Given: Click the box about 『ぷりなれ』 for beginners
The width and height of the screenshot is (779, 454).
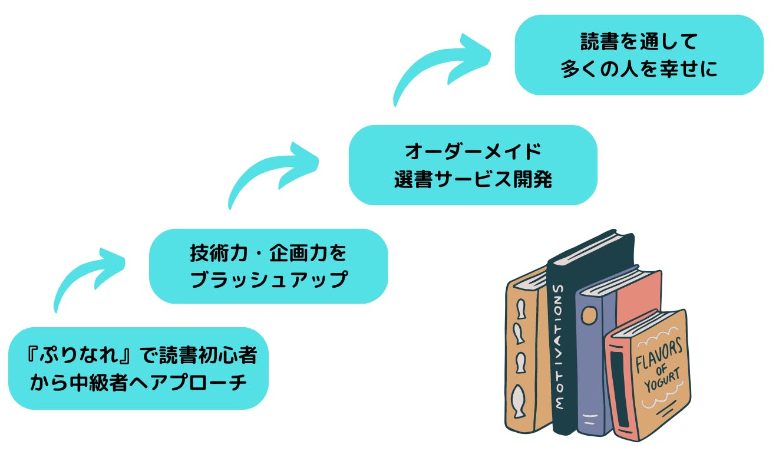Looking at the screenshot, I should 138,369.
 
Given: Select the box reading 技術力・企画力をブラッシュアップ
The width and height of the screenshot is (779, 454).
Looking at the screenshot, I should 268,266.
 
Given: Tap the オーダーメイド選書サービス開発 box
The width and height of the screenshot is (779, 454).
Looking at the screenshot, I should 473,165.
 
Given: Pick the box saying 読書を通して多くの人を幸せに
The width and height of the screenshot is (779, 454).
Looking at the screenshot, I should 639,55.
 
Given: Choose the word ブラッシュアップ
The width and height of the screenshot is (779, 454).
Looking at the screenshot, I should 268,279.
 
